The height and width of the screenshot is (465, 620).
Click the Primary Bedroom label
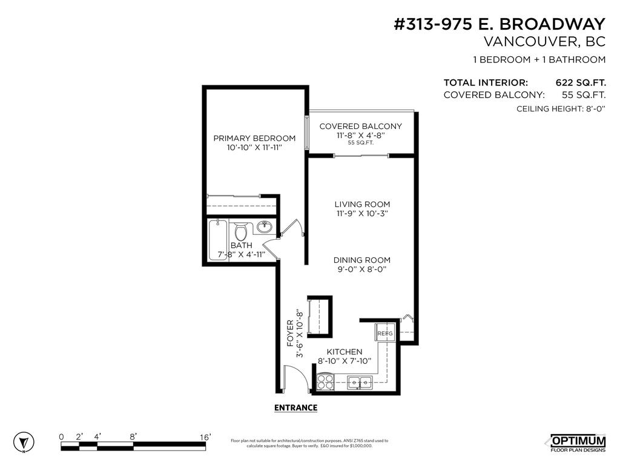254,138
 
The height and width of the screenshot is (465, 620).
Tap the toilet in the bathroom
240,231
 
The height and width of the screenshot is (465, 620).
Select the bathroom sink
264,228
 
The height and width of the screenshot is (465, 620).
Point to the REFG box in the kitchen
385,334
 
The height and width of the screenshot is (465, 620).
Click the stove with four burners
326,382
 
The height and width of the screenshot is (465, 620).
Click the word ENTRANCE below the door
295,407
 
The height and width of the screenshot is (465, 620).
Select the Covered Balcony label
360,126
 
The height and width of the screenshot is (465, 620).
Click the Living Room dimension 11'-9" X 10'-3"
362,214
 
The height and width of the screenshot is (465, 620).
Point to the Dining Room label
362,260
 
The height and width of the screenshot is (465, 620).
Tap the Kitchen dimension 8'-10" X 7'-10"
345,361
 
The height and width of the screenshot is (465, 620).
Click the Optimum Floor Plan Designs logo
577,443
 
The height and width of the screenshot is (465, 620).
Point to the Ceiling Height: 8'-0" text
561,109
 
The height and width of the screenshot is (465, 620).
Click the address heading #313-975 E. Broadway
500,24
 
